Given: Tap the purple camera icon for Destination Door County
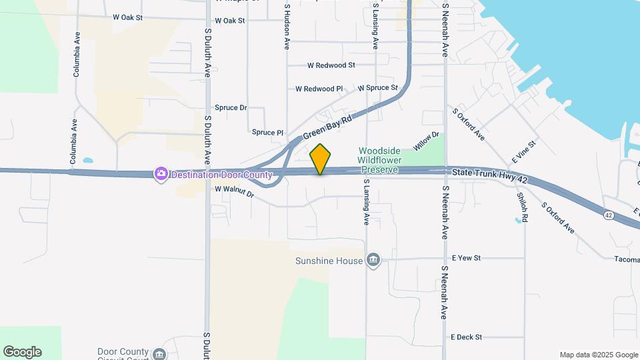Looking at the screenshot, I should coord(161,175).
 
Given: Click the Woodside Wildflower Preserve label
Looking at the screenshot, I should coord(378,160).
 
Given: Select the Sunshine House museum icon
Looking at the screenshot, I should coord(373,261).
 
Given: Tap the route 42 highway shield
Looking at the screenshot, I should coord(609,215).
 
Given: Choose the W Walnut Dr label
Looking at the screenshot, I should coord(235,191).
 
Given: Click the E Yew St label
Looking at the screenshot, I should coord(466,257).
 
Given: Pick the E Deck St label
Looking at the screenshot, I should coord(466,337).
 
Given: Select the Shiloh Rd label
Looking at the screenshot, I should coord(524,207).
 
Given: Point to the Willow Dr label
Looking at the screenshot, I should coord(427,141).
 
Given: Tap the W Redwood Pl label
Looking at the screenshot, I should coord(319,89).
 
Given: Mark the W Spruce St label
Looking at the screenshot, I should coord(377,88).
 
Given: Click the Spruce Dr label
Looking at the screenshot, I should coord(231,107).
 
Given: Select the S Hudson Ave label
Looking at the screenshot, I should coord(287,27).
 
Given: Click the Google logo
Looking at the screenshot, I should coord(22,352).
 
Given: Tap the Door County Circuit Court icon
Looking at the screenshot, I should coord(159,353).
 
